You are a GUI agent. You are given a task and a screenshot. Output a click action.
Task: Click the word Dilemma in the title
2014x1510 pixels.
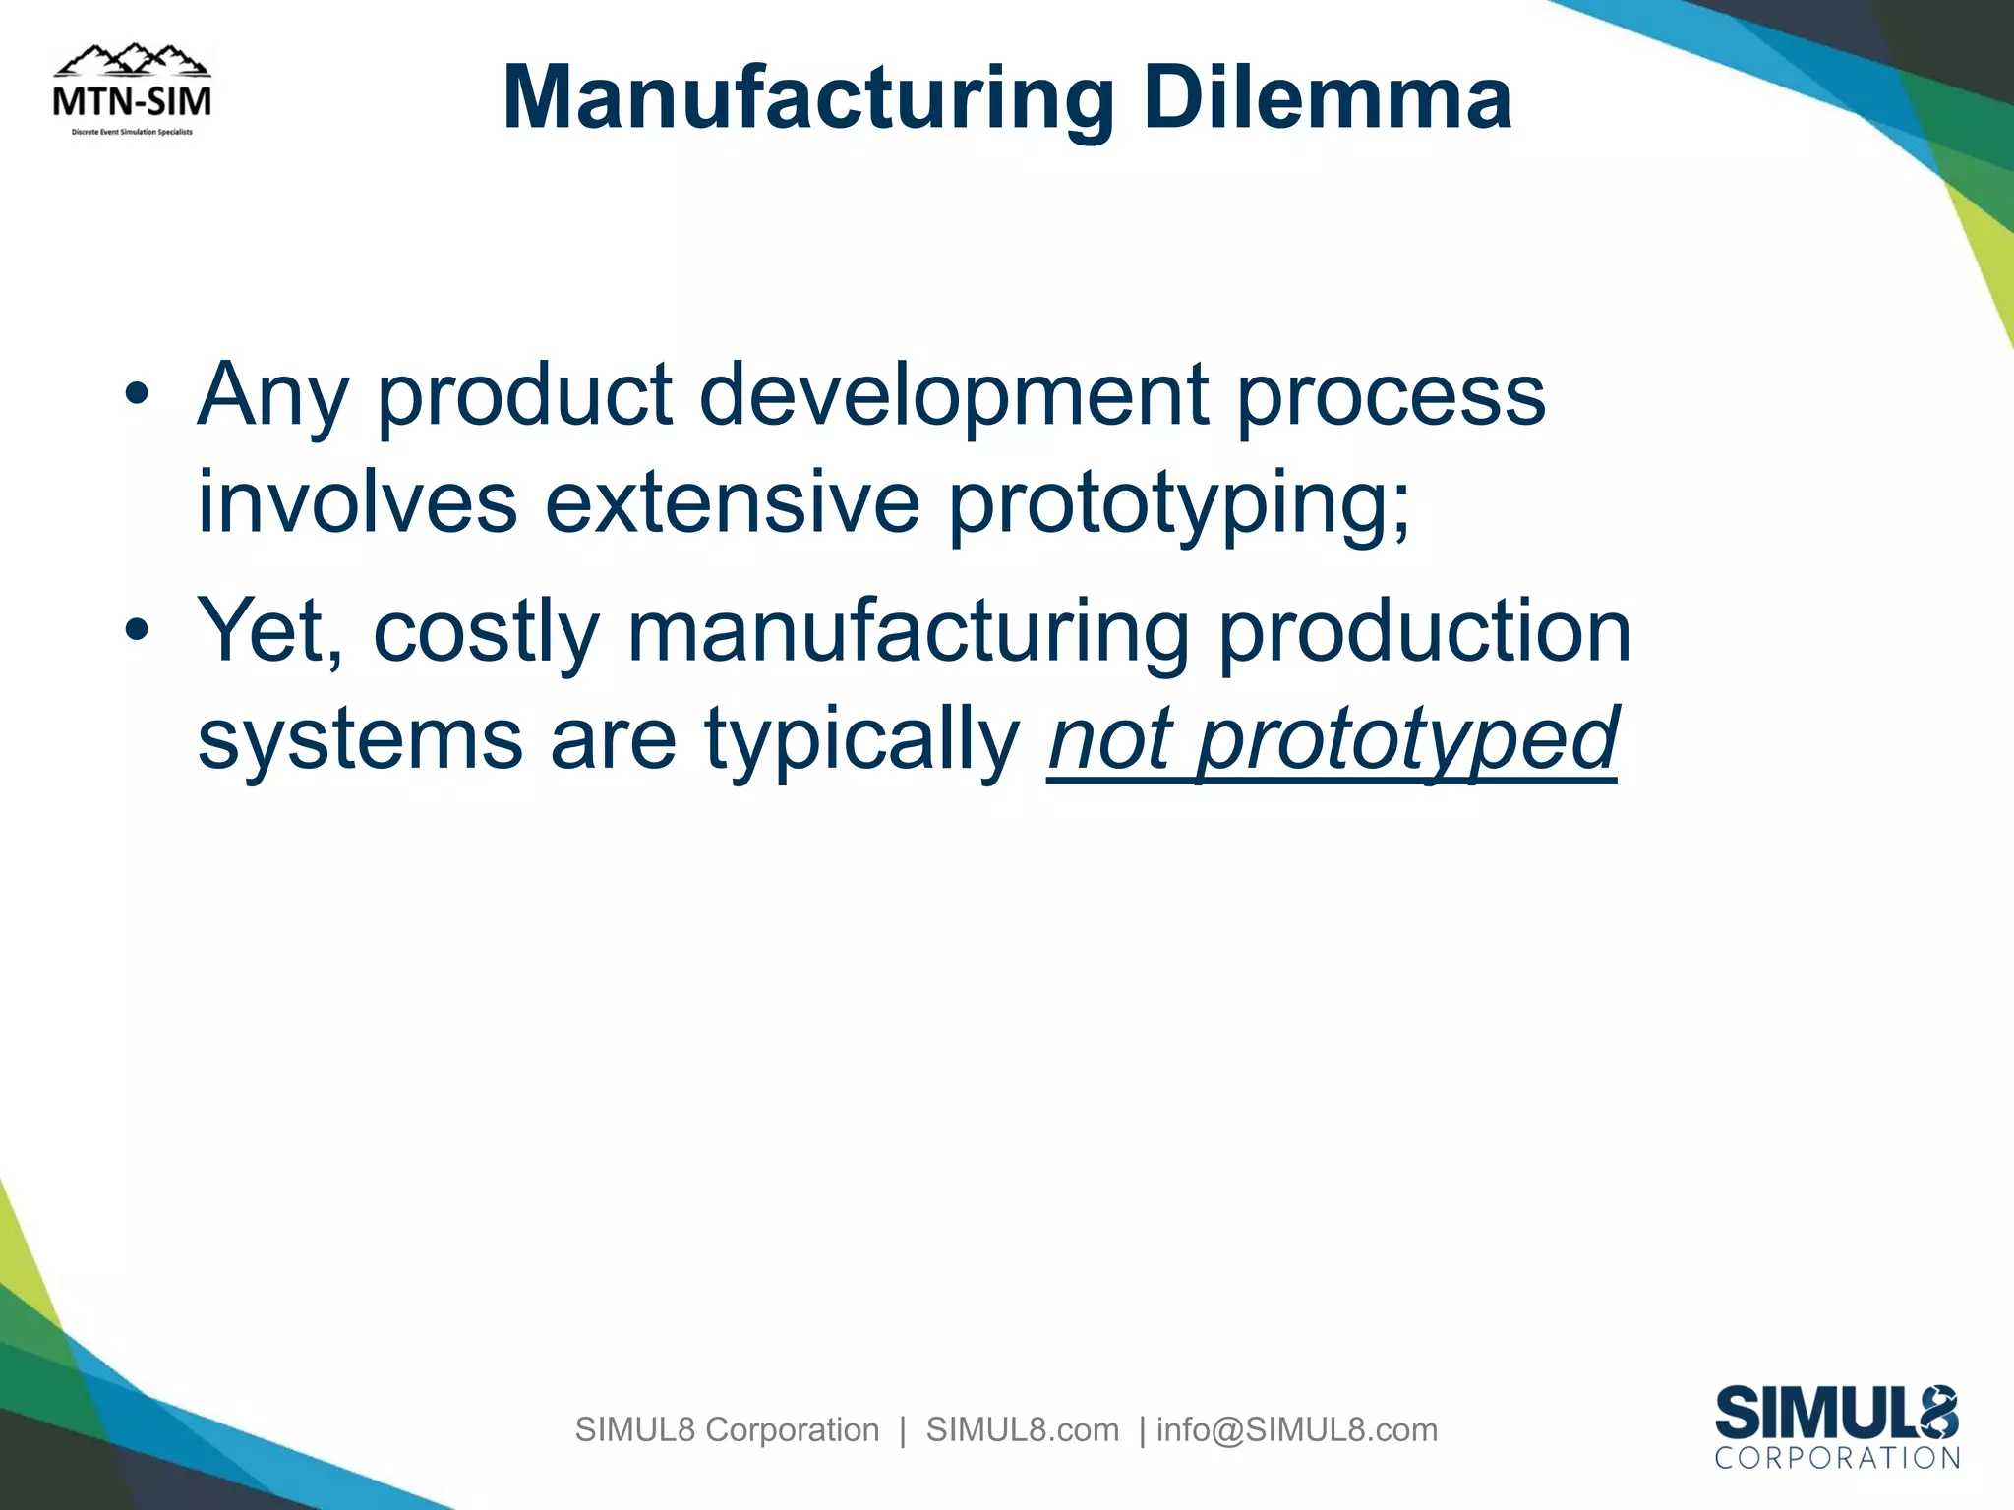click(x=1327, y=98)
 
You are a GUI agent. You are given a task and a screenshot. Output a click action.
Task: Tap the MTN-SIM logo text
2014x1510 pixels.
click(x=132, y=101)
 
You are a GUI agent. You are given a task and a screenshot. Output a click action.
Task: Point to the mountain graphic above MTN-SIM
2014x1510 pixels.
click(x=132, y=61)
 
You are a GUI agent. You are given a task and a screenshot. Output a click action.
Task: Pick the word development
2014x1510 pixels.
click(x=953, y=395)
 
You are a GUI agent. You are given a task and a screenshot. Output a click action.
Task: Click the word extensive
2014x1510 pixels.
click(x=732, y=502)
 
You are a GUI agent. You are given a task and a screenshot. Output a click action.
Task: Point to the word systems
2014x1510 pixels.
click(x=360, y=738)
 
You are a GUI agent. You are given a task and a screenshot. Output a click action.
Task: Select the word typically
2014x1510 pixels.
click(x=862, y=740)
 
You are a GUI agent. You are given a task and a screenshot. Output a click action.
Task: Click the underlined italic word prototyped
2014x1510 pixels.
click(x=1407, y=740)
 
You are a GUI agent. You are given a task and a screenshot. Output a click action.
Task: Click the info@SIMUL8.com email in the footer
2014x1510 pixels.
click(x=1297, y=1429)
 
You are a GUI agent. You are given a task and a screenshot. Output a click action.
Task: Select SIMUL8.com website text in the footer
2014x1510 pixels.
click(x=1022, y=1429)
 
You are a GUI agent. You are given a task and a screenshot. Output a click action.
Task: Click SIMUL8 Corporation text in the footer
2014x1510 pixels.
click(x=727, y=1429)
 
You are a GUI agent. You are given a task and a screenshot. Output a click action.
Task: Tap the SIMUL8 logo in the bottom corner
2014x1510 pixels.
click(x=1836, y=1425)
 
